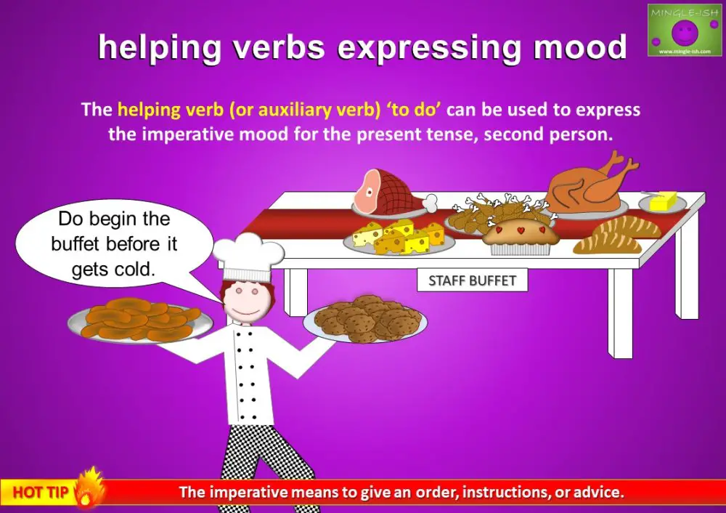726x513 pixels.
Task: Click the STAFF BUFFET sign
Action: [472, 280]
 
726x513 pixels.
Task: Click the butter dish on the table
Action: [661, 201]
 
